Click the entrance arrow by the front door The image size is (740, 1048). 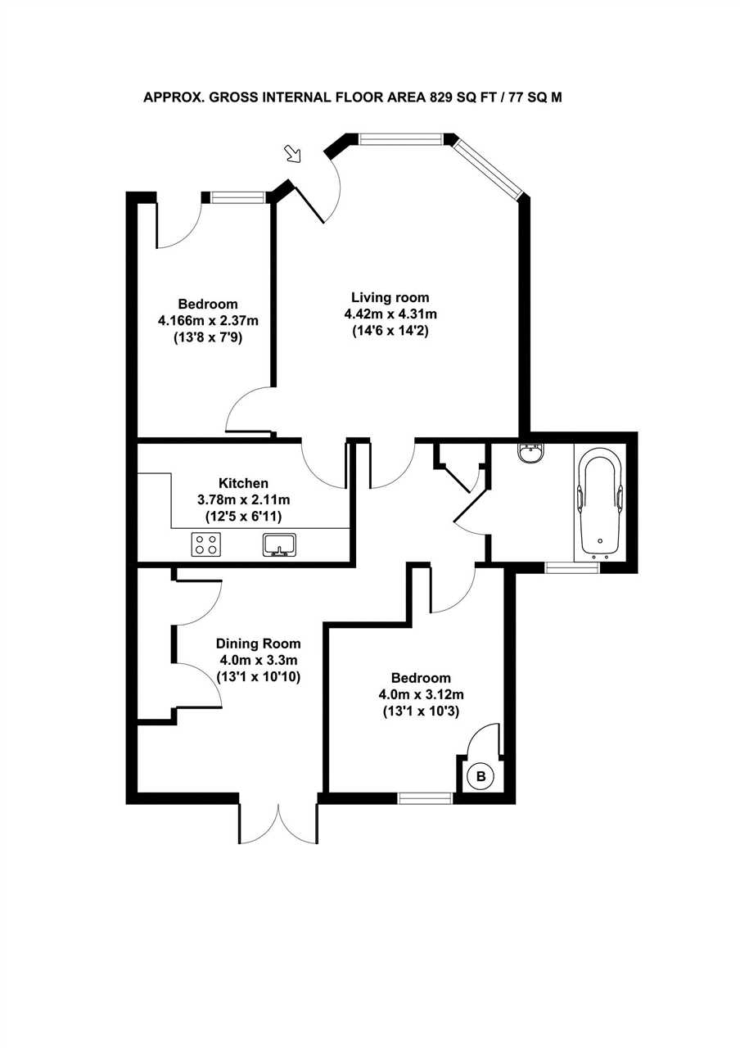pos(293,154)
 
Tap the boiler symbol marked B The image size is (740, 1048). pos(481,776)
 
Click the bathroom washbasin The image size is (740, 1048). pos(530,453)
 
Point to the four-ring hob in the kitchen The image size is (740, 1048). pos(206,544)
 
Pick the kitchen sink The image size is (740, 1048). pos(280,544)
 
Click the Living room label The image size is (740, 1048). pos(390,297)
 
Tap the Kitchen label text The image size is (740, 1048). pos(243,483)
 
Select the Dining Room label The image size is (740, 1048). pos(258,644)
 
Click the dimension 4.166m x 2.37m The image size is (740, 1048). pos(208,321)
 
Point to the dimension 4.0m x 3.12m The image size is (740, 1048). pos(421,695)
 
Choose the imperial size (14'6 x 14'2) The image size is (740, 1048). pos(390,331)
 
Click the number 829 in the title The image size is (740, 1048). pos(441,97)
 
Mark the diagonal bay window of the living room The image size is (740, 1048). pos(487,168)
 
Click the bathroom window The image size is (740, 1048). pos(572,568)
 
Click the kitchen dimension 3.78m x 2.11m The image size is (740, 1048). pos(243,499)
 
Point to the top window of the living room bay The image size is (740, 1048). pos(400,139)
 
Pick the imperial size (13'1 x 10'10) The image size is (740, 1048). pos(258,677)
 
